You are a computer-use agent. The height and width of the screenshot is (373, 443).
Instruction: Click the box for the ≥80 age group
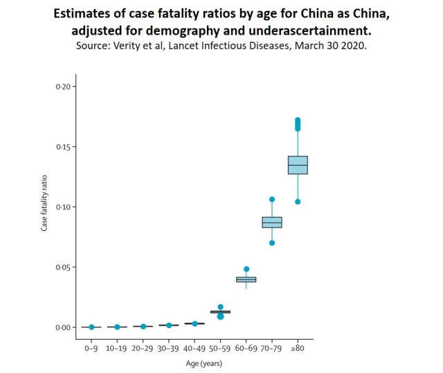298,165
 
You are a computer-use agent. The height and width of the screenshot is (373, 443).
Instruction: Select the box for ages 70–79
272,222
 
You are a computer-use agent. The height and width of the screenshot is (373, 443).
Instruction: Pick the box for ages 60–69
246,279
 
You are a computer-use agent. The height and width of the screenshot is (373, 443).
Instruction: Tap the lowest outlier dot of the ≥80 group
298,202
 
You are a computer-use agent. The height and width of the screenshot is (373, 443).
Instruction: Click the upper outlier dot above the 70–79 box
272,200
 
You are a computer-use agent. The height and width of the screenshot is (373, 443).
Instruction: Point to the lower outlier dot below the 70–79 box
272,243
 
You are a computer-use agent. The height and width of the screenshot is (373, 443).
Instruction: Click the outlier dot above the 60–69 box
246,269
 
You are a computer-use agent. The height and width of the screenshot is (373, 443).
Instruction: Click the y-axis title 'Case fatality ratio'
44,207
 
